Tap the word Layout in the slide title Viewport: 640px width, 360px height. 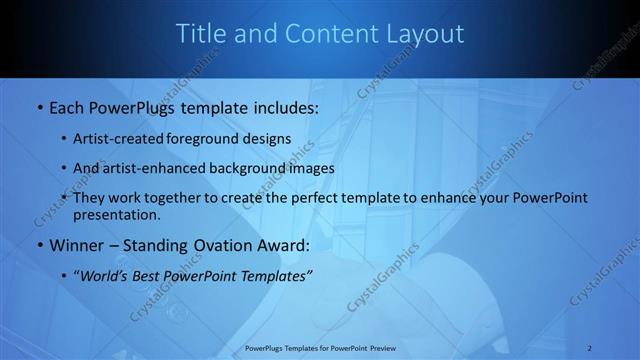coord(423,34)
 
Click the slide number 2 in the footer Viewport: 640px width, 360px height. coord(590,348)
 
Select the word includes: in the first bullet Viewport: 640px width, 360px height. coord(279,106)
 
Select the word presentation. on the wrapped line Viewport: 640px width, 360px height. coord(116,214)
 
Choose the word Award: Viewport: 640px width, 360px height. coord(285,245)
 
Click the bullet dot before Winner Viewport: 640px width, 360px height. coord(39,246)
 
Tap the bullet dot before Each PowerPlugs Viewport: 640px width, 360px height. coord(39,107)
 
